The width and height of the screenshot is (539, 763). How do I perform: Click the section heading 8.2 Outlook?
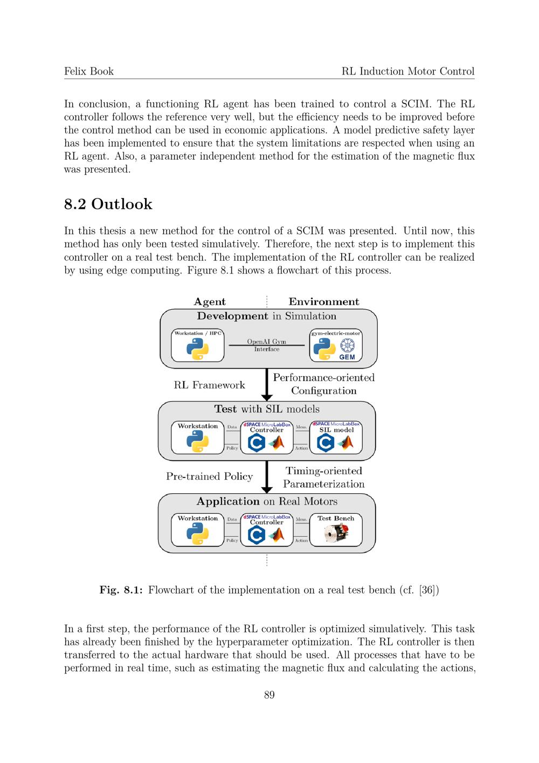coord(108,204)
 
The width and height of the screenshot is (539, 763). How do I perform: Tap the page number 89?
coord(269,695)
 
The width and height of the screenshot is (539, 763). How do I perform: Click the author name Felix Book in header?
coord(89,71)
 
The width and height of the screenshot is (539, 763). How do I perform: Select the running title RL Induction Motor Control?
coord(408,71)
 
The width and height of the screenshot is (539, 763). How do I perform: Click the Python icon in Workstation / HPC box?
coord(197,349)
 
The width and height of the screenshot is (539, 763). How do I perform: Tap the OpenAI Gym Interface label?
coord(267,345)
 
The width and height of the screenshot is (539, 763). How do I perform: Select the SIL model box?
coord(336,438)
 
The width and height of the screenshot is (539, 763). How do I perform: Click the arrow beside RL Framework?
coord(267,385)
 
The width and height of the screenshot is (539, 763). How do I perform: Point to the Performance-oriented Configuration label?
coord(323,384)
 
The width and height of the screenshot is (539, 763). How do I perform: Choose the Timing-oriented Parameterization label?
coord(323,478)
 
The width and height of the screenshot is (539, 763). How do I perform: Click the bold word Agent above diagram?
coord(210,302)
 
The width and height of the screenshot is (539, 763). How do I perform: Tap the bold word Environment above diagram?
coord(323,302)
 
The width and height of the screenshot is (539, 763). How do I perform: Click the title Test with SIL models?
coord(267,409)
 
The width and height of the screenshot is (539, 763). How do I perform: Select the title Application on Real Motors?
coord(267,501)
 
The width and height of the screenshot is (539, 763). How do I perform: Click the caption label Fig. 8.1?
coord(121,590)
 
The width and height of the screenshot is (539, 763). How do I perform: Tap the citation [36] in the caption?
coord(427,590)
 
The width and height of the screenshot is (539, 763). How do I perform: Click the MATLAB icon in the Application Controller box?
coord(277,534)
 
